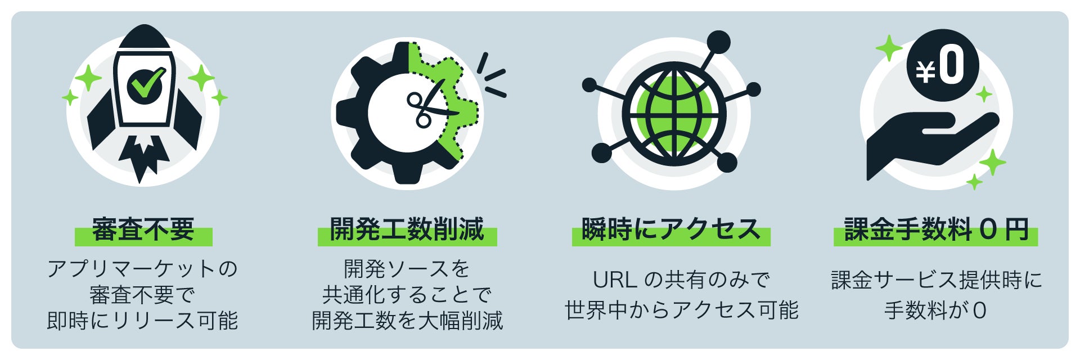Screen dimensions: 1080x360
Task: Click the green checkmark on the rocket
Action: pyautogui.click(x=145, y=84)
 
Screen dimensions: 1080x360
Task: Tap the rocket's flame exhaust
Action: pyautogui.click(x=143, y=157)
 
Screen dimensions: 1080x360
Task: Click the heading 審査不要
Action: pyautogui.click(x=143, y=230)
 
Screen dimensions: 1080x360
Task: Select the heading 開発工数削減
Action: pyautogui.click(x=407, y=230)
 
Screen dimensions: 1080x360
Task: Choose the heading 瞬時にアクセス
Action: pyautogui.click(x=671, y=230)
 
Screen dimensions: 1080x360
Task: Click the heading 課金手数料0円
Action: pyautogui.click(x=936, y=230)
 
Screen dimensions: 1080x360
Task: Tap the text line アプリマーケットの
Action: pyautogui.click(x=142, y=269)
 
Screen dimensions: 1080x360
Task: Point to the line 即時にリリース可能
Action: pyautogui.click(x=142, y=321)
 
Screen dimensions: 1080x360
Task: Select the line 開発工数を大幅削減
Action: pyautogui.click(x=407, y=321)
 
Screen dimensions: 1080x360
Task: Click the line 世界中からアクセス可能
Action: pyautogui.click(x=681, y=310)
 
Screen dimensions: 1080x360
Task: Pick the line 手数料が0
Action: pyautogui.click(x=935, y=310)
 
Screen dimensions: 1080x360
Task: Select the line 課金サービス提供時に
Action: pyautogui.click(x=936, y=280)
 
